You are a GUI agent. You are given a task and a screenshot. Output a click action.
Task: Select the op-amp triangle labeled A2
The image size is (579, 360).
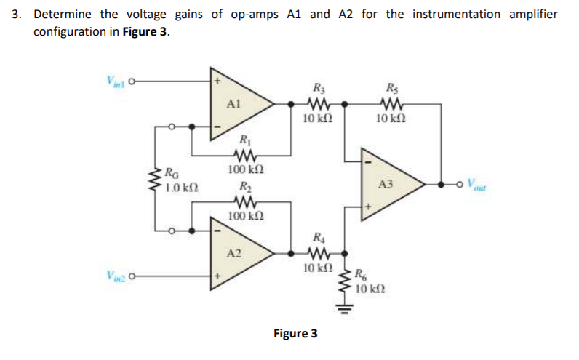236,254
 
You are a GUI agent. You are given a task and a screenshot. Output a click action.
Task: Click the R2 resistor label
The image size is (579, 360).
244,185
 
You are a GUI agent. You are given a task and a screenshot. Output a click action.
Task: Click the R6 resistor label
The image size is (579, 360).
362,275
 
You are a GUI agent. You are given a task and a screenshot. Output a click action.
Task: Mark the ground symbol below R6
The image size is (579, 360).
346,304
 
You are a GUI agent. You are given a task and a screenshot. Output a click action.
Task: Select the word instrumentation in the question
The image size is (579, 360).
455,15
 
